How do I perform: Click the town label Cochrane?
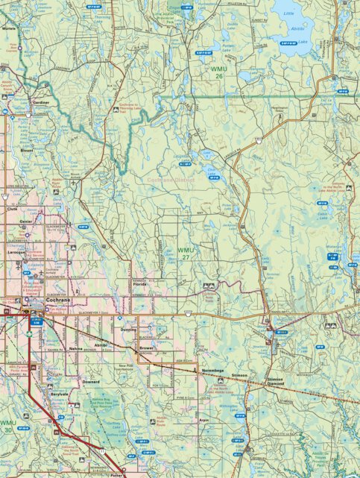click(x=57, y=301)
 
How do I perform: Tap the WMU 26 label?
click(x=219, y=72)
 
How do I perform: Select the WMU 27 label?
click(x=186, y=254)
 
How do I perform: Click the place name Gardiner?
click(x=42, y=102)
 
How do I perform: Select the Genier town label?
click(x=26, y=221)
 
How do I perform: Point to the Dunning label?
click(x=127, y=329)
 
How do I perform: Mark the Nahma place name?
click(x=76, y=348)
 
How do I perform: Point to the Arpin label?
click(x=203, y=420)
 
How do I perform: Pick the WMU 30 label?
click(x=7, y=426)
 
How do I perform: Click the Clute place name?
click(x=10, y=210)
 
